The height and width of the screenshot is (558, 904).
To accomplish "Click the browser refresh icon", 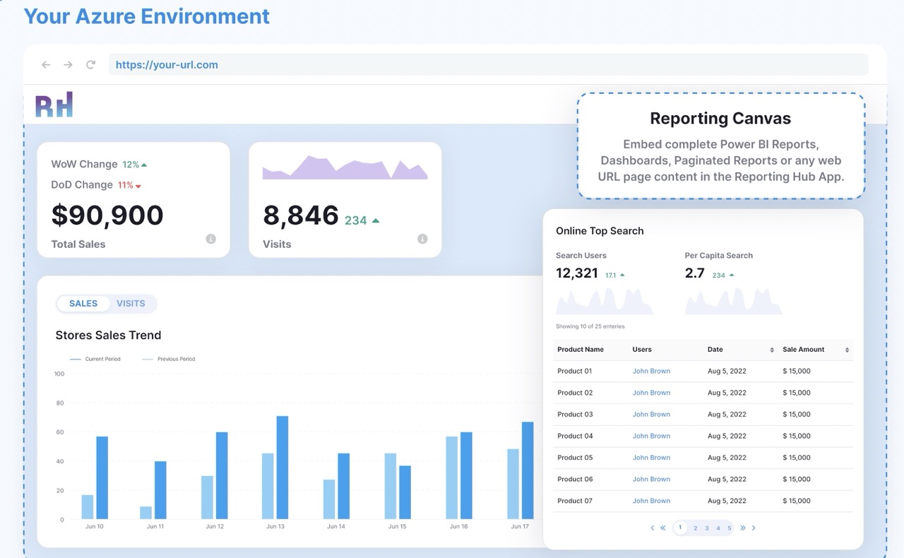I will point(90,65).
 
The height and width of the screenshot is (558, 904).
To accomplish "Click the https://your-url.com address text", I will point(167,65).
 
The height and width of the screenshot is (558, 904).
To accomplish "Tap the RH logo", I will point(54,105).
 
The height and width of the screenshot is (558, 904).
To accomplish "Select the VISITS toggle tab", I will point(131,304).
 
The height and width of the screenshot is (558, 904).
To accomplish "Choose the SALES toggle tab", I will point(83,304).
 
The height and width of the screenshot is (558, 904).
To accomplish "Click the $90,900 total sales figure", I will point(107,215).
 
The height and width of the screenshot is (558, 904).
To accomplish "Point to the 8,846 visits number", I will point(301,215).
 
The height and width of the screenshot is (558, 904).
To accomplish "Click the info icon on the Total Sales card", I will point(210,239).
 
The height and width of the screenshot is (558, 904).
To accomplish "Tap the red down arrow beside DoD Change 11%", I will point(138,186).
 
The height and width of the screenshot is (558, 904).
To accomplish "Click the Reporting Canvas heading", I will point(720,119).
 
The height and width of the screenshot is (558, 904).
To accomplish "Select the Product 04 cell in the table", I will point(575,436).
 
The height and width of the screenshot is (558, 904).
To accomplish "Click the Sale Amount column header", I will point(804,350).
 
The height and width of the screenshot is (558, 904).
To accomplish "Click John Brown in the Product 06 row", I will point(651,479).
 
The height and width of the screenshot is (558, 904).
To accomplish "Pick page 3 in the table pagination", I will point(707,528).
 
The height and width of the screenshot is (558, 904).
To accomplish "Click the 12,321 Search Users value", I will point(577,273).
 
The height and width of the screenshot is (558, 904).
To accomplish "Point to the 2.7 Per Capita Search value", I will point(695,273).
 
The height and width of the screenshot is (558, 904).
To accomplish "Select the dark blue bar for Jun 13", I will point(282,468).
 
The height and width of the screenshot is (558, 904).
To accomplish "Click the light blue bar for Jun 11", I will point(145,513).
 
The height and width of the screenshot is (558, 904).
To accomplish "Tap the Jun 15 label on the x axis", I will point(398,527).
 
